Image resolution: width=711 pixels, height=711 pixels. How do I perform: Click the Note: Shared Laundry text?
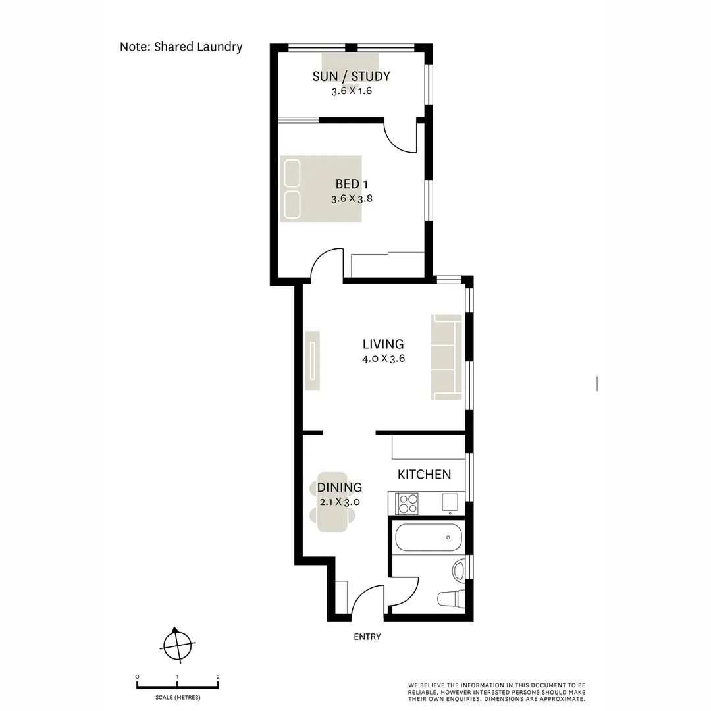[x=181, y=47]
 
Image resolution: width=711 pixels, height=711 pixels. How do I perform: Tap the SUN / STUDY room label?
[x=351, y=76]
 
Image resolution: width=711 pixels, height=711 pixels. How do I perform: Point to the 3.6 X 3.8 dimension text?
[x=352, y=198]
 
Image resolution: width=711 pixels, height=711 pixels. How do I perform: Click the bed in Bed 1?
[x=321, y=188]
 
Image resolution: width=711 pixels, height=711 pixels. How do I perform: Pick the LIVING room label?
[x=383, y=344]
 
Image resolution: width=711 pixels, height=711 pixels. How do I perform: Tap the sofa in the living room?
[x=447, y=357]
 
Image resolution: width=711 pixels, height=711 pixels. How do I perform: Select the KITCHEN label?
[x=424, y=474]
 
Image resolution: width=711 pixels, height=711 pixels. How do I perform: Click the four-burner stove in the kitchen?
[x=408, y=504]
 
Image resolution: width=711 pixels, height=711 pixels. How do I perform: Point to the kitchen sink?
[x=450, y=502]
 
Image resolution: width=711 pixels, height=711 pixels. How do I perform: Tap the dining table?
[x=332, y=502]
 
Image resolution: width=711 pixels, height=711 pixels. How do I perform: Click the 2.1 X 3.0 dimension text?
[x=338, y=502]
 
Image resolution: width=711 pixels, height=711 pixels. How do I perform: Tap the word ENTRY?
[x=367, y=637]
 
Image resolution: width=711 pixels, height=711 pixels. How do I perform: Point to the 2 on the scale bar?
[x=218, y=677]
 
